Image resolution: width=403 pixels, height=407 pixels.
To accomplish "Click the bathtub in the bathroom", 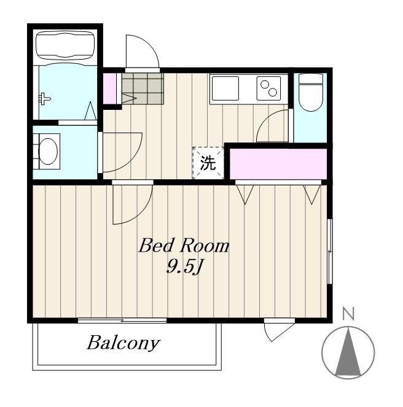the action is tap(65, 45).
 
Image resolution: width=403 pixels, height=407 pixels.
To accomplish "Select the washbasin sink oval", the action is tap(48, 152).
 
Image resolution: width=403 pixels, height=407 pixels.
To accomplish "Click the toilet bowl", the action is tap(311, 93).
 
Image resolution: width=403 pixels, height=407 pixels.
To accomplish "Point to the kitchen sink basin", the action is tap(225, 88).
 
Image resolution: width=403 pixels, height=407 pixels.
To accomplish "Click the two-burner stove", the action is tap(268, 88).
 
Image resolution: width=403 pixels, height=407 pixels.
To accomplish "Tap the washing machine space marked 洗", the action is tap(208, 163).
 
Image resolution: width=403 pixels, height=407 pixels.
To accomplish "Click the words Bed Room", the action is tap(184, 246).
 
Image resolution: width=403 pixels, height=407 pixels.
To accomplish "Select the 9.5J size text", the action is tap(184, 266).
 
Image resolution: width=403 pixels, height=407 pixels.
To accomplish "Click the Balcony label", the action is tap(123, 343).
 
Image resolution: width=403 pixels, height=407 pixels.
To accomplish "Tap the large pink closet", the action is tap(278, 164).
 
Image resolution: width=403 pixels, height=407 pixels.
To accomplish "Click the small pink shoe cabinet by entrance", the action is tap(109, 89).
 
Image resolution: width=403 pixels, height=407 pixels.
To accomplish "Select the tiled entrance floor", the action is tap(143, 88).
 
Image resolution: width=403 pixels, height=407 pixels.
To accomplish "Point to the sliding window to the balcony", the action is tap(122, 320).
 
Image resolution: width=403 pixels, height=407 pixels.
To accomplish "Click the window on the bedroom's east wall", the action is tap(330, 251).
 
